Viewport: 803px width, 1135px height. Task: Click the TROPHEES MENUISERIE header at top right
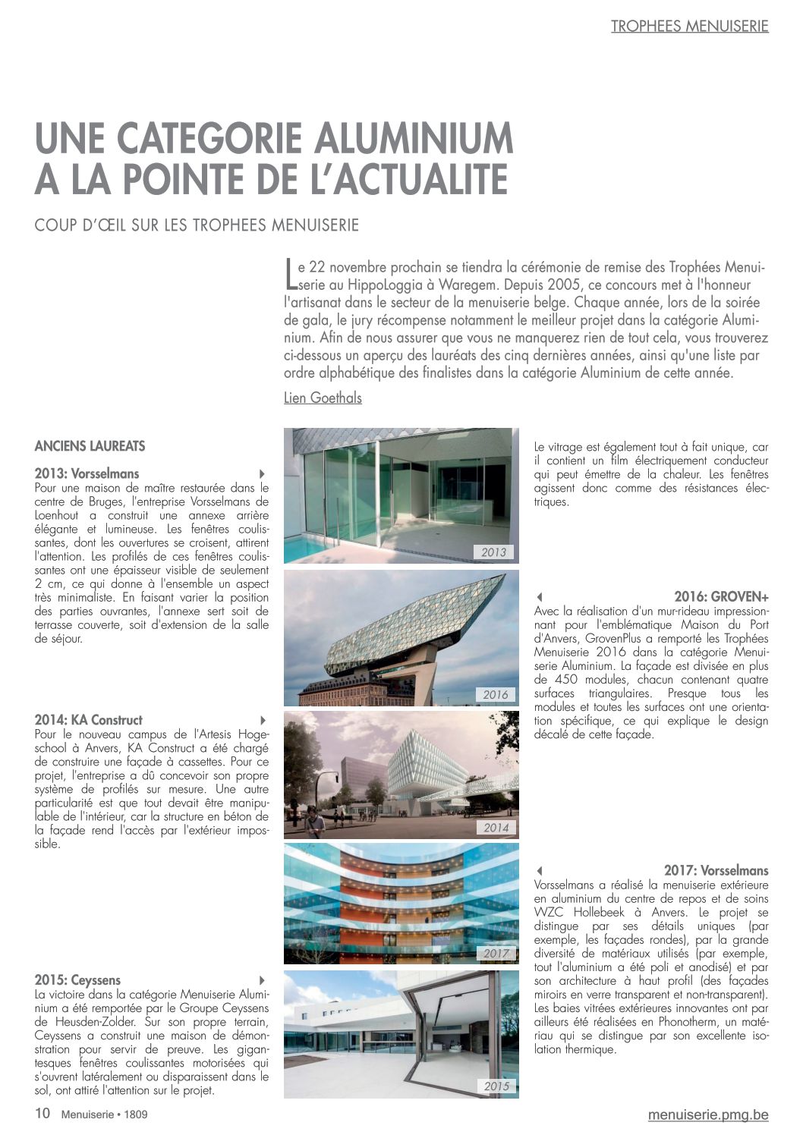tap(689, 27)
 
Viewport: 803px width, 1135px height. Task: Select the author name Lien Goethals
tap(323, 398)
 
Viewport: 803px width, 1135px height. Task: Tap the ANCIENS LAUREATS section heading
tap(90, 446)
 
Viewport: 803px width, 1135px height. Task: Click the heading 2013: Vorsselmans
tap(87, 473)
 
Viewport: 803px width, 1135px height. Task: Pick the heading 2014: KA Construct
tap(88, 720)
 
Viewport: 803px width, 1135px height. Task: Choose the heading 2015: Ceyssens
tap(77, 980)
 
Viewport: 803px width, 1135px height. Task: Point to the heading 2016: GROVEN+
tap(721, 597)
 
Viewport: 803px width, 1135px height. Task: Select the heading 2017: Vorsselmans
tap(716, 871)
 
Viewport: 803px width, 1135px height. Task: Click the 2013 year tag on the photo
tap(493, 552)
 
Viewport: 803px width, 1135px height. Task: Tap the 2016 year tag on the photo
tap(495, 695)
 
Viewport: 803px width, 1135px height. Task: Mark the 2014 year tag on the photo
tap(496, 828)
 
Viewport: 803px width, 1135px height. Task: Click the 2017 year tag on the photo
tap(496, 954)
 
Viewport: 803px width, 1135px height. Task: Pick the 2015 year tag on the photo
tap(496, 1086)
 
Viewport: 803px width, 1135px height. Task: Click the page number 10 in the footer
tap(43, 1114)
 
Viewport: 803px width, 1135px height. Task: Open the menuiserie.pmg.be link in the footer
tap(707, 1115)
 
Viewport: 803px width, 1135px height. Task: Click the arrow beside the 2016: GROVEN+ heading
tap(539, 597)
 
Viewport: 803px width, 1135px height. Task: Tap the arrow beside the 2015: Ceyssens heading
tap(263, 980)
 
